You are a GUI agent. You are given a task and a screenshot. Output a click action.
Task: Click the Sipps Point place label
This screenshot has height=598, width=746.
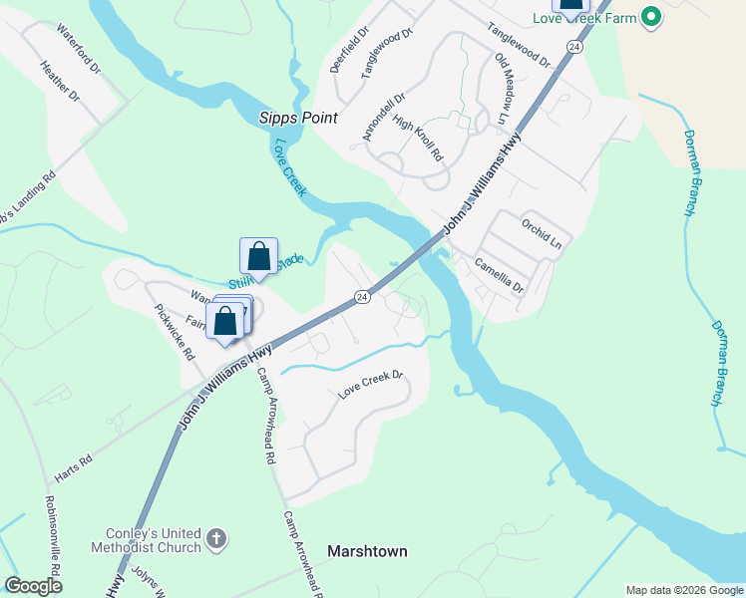pos(297,118)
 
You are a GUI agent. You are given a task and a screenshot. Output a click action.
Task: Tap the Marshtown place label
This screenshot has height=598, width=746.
pos(367,551)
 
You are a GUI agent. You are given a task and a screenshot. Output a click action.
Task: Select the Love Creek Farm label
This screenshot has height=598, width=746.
pos(596,18)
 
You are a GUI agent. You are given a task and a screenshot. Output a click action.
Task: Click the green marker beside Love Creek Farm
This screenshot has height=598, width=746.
pos(651,17)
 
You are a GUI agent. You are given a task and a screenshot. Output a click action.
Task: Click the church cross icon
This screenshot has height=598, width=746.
pos(215,540)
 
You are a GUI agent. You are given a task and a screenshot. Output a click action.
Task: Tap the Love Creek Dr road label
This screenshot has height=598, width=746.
pos(369,385)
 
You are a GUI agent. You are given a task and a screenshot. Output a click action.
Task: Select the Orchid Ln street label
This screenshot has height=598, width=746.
pos(542,234)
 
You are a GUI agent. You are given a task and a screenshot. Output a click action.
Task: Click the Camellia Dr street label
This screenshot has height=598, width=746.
pos(499,276)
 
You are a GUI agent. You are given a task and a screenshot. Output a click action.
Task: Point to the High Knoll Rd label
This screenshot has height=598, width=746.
pos(417,138)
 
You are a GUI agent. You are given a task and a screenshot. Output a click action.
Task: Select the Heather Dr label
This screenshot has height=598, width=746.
pos(60,83)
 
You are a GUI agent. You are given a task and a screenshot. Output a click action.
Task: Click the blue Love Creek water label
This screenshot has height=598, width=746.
pos(289,165)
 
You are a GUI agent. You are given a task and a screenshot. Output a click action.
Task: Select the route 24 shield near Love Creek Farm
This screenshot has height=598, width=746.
pos(574,47)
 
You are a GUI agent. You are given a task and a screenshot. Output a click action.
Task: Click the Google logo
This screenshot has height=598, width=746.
pos(34,586)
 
